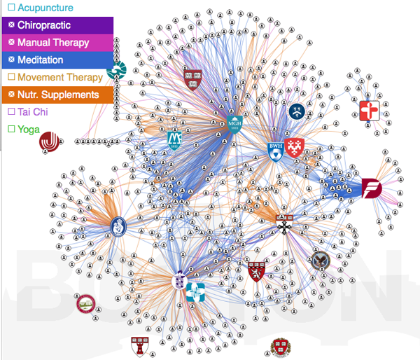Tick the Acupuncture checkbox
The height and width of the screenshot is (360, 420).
(11, 8)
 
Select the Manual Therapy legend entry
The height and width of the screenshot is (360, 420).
(53, 43)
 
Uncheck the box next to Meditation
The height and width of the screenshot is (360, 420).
(11, 60)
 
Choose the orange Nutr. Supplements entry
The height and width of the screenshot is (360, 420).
(58, 95)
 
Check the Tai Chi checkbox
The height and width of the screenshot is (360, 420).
(11, 112)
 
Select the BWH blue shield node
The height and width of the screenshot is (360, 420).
(275, 151)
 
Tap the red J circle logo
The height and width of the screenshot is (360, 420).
(49, 142)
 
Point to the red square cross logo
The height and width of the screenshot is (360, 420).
(369, 111)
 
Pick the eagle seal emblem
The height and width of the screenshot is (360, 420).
(321, 260)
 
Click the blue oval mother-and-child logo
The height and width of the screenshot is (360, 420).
(119, 226)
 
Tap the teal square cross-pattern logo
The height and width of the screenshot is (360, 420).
(195, 290)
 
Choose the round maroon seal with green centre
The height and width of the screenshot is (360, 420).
(85, 303)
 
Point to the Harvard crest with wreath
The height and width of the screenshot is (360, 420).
(280, 347)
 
